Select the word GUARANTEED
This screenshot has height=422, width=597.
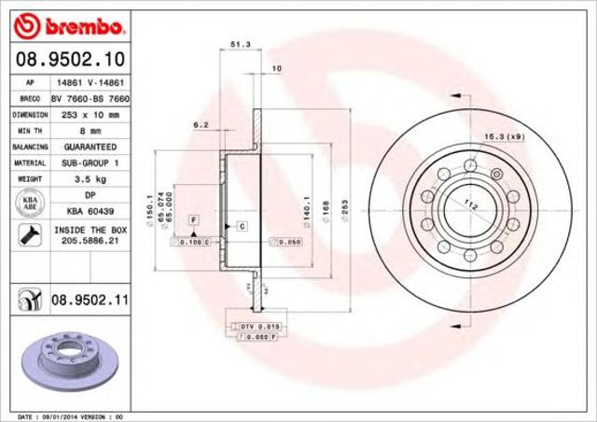point(90,148)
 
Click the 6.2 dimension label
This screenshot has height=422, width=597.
point(201,124)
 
